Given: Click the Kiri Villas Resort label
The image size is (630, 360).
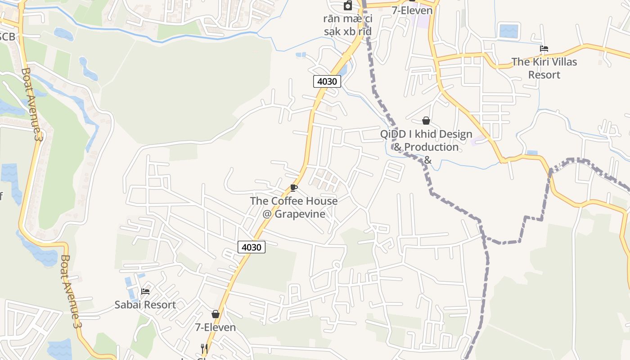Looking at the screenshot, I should click(544, 68).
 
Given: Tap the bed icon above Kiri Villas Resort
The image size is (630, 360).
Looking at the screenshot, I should click(544, 49).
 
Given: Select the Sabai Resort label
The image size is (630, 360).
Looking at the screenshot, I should click(145, 305).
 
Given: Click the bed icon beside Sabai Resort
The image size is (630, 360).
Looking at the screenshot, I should click(145, 292).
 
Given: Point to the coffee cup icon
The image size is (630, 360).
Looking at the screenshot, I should click(294, 188).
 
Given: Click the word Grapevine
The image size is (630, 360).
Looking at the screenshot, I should click(300, 214).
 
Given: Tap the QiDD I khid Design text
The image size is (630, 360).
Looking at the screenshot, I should click(426, 134).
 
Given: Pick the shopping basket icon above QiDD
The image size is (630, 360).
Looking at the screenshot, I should click(426, 121).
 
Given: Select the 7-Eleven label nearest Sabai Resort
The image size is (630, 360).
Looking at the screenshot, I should click(215, 327).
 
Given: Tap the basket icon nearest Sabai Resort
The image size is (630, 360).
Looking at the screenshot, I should click(216, 314).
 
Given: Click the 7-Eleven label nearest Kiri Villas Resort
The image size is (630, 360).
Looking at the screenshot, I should click(412, 10).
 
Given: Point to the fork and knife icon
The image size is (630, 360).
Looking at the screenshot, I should click(204, 348).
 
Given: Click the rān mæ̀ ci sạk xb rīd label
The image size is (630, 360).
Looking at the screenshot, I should click(348, 25).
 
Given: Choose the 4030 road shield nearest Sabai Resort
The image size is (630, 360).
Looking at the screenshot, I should click(252, 247).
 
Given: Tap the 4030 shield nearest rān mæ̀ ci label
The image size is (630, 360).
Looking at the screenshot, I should click(327, 81).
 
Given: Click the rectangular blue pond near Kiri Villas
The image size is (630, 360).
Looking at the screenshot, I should click(508, 31).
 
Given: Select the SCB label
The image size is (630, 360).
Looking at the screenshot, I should click(6, 36).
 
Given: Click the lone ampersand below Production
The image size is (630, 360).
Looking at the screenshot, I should click(427, 160).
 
